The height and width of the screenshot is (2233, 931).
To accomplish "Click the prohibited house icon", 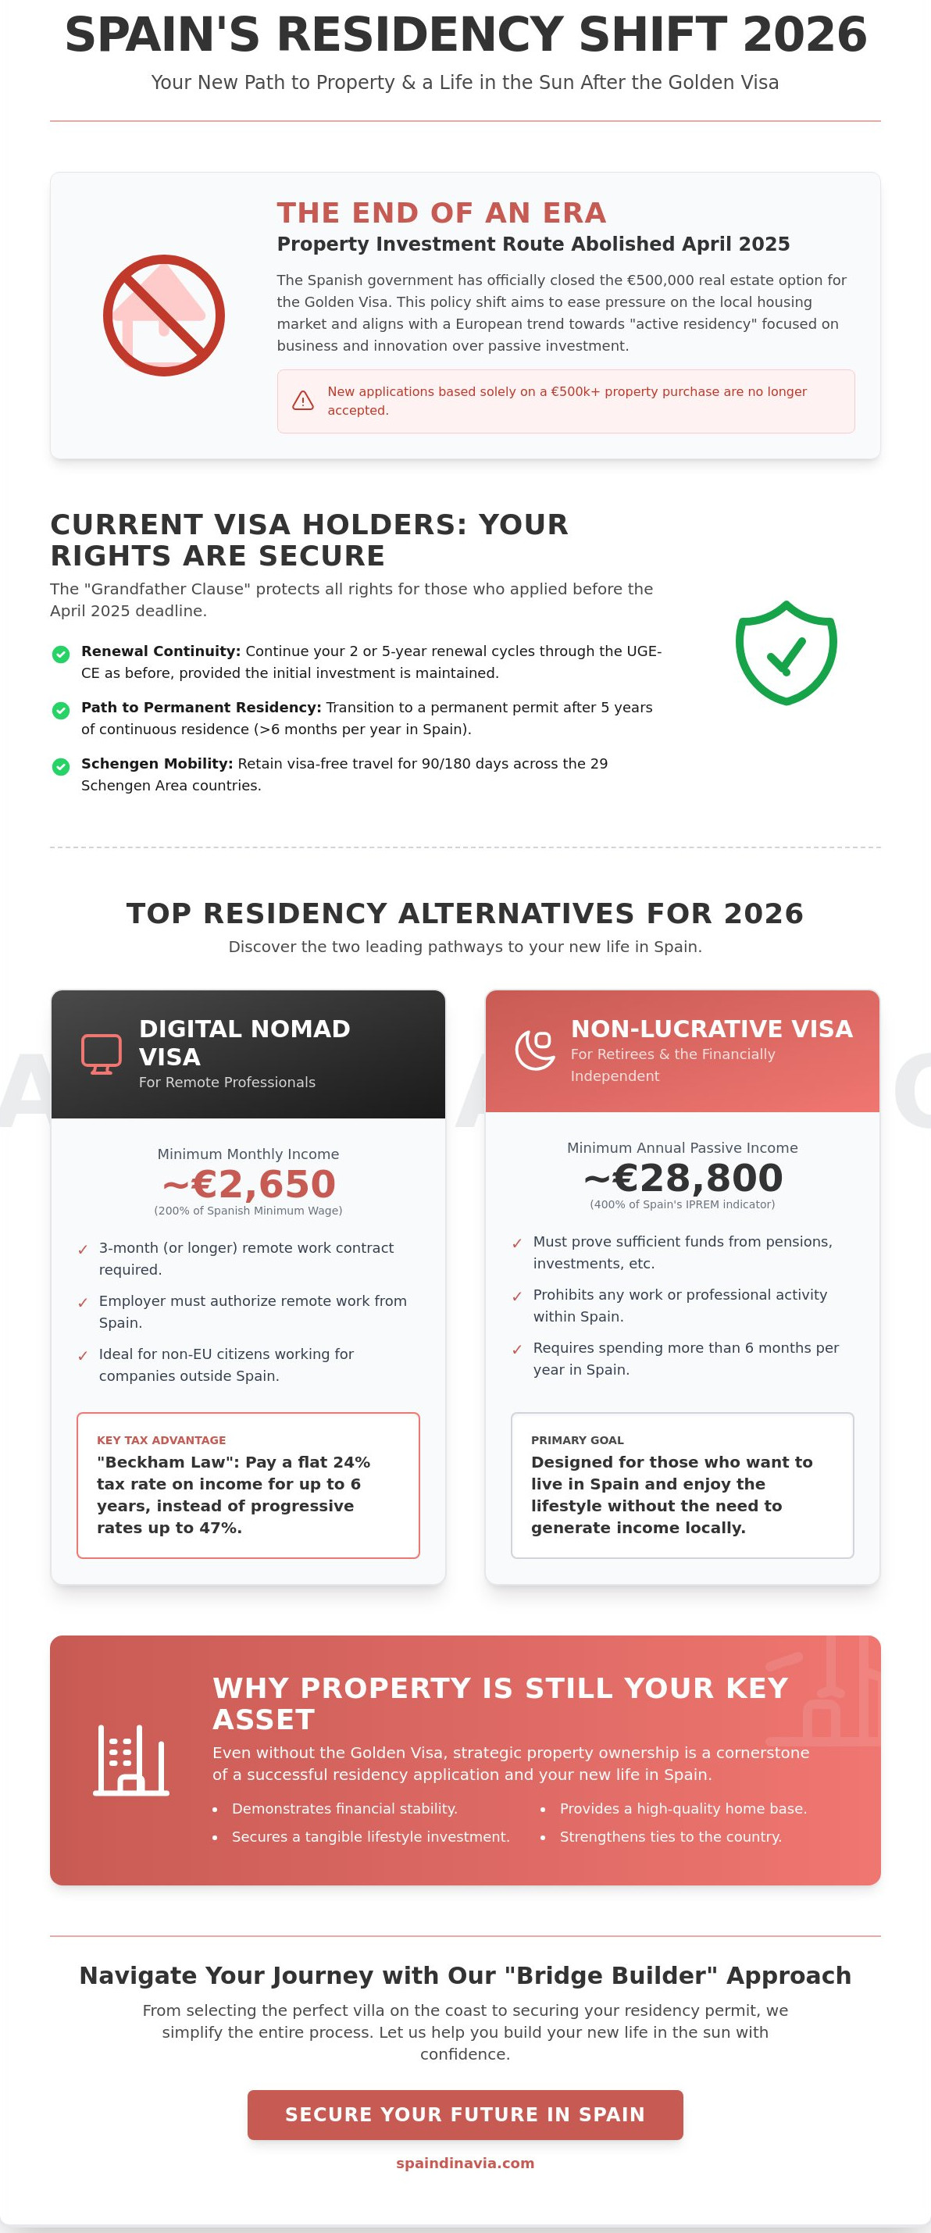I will pyautogui.click(x=164, y=316).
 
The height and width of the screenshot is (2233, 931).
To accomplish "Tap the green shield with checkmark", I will pyautogui.click(x=787, y=653).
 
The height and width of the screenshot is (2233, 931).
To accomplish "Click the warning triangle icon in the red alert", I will pyautogui.click(x=302, y=401).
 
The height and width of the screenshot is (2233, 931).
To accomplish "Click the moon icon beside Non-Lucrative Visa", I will pyautogui.click(x=535, y=1051).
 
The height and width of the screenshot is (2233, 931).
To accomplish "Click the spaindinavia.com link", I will pyautogui.click(x=465, y=2163).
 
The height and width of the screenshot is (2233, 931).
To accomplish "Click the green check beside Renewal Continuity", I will pyautogui.click(x=61, y=655).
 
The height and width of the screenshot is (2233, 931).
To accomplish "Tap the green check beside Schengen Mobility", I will pyautogui.click(x=61, y=767).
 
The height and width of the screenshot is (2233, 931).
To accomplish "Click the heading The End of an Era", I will pyautogui.click(x=441, y=213).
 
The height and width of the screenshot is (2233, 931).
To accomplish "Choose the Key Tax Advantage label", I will pyautogui.click(x=161, y=1439).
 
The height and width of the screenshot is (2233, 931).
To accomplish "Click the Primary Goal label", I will pyautogui.click(x=577, y=1439).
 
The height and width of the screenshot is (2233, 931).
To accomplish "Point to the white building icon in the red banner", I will pyautogui.click(x=131, y=1760).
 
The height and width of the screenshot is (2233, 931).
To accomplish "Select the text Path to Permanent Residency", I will pyautogui.click(x=201, y=708).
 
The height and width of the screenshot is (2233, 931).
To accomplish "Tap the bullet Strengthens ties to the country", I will pyautogui.click(x=670, y=1837).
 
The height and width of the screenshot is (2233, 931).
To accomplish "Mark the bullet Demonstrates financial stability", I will pyautogui.click(x=344, y=1808).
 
